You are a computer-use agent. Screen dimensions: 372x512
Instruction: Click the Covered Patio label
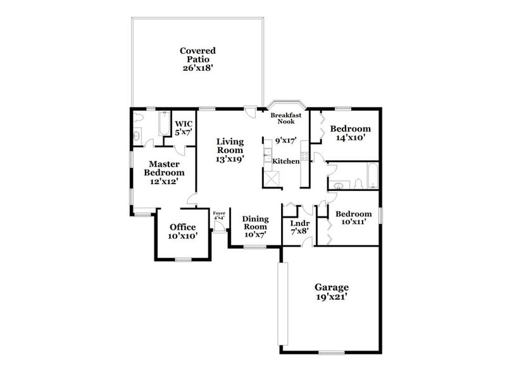click(197, 58)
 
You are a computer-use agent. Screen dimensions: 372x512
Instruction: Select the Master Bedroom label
click(163, 172)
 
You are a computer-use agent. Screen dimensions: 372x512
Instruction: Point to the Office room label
click(182, 232)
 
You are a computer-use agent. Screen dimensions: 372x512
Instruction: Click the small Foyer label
click(219, 216)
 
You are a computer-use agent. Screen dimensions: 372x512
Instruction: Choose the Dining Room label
click(255, 226)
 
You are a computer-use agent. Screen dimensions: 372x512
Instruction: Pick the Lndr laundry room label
click(299, 226)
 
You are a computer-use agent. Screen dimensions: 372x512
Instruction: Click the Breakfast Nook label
click(285, 118)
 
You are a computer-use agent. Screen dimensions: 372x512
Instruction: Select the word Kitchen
click(285, 162)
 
